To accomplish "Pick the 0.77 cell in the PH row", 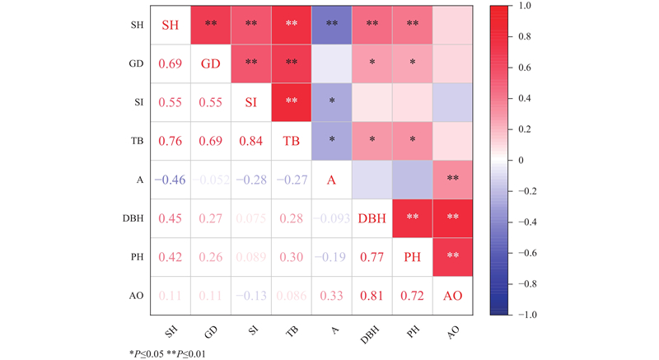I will coord(371,256).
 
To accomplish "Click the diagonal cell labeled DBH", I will coord(371,217).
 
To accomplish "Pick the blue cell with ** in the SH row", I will coord(330,24).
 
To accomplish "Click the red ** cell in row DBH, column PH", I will coord(410,217).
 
